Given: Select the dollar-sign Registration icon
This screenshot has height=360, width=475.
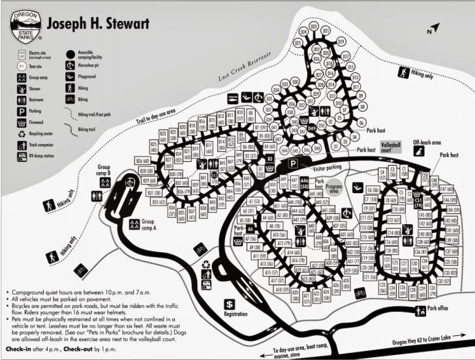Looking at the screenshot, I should pyautogui.click(x=230, y=305).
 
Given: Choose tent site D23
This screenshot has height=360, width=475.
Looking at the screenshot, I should pyautogui.click(x=314, y=27).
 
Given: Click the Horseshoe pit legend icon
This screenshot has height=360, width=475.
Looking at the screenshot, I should pyautogui.click(x=69, y=65).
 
